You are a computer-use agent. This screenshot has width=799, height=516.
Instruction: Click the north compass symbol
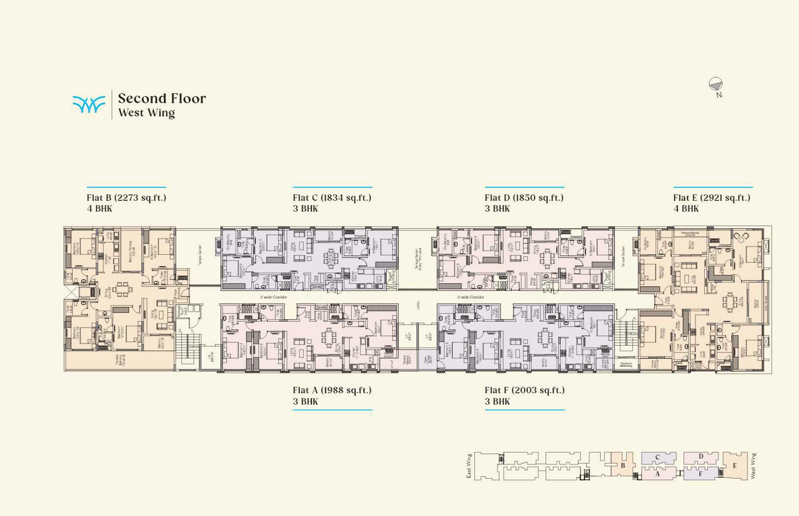pos(716,84)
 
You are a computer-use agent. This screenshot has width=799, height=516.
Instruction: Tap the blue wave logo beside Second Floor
pos(89,104)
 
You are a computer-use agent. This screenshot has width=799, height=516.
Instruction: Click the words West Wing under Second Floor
pos(146,113)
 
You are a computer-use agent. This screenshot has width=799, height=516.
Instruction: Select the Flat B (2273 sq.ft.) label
pos(126,198)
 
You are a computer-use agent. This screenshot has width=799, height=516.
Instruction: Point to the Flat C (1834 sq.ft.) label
pos(332,198)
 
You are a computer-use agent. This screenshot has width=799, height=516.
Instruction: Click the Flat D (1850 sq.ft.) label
pos(524,198)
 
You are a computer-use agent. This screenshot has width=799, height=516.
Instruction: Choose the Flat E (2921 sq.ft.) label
pos(712,198)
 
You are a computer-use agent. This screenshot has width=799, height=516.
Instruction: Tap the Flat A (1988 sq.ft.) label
pos(332,390)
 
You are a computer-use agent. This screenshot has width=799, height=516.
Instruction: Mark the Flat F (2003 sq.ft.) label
pos(524,390)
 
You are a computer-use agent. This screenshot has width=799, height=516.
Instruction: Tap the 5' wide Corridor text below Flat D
pos(470,297)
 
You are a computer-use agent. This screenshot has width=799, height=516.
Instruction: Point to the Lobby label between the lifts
pos(418,305)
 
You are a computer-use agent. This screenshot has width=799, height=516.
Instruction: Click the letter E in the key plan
pos(735,465)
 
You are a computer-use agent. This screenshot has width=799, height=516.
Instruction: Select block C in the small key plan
pos(658,458)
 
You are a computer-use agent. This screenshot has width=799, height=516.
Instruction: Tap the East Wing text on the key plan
pos(469,465)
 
